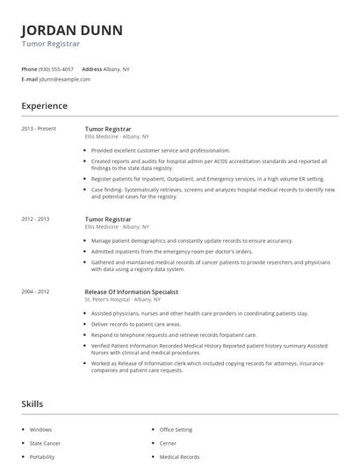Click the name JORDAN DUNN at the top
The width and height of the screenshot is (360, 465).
(x=72, y=30)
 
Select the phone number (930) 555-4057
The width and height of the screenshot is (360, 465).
(x=57, y=68)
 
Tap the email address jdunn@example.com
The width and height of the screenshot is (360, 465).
(x=65, y=79)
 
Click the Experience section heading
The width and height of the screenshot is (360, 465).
(x=45, y=106)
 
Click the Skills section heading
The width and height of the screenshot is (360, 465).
(x=32, y=404)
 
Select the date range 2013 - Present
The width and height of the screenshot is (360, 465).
(x=39, y=128)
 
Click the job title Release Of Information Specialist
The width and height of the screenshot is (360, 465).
(x=132, y=290)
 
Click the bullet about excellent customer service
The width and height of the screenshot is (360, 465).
(x=160, y=150)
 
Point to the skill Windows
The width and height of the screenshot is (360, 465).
(x=41, y=430)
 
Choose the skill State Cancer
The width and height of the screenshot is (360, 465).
(x=46, y=443)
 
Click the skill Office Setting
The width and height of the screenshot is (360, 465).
(x=176, y=430)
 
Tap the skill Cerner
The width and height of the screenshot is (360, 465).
(x=169, y=443)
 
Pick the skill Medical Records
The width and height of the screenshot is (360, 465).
(x=179, y=457)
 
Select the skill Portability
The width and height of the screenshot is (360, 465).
(x=42, y=457)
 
